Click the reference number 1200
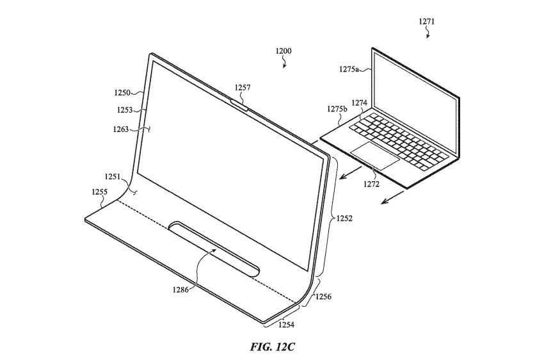click(284, 51)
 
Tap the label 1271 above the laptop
click(426, 22)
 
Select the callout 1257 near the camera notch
click(242, 88)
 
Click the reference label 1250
click(122, 93)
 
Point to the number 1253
click(125, 110)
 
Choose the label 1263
click(121, 129)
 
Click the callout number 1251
click(113, 177)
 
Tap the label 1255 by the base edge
click(100, 192)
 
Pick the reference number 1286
click(180, 289)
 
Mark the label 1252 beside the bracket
click(344, 218)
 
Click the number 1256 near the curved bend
click(323, 297)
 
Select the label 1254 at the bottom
click(286, 325)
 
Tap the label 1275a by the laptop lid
click(349, 69)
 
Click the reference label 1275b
click(337, 109)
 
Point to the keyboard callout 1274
click(359, 102)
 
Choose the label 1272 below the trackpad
click(371, 184)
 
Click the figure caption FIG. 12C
click(273, 347)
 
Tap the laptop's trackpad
click(374, 156)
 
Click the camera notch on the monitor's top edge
click(239, 104)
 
